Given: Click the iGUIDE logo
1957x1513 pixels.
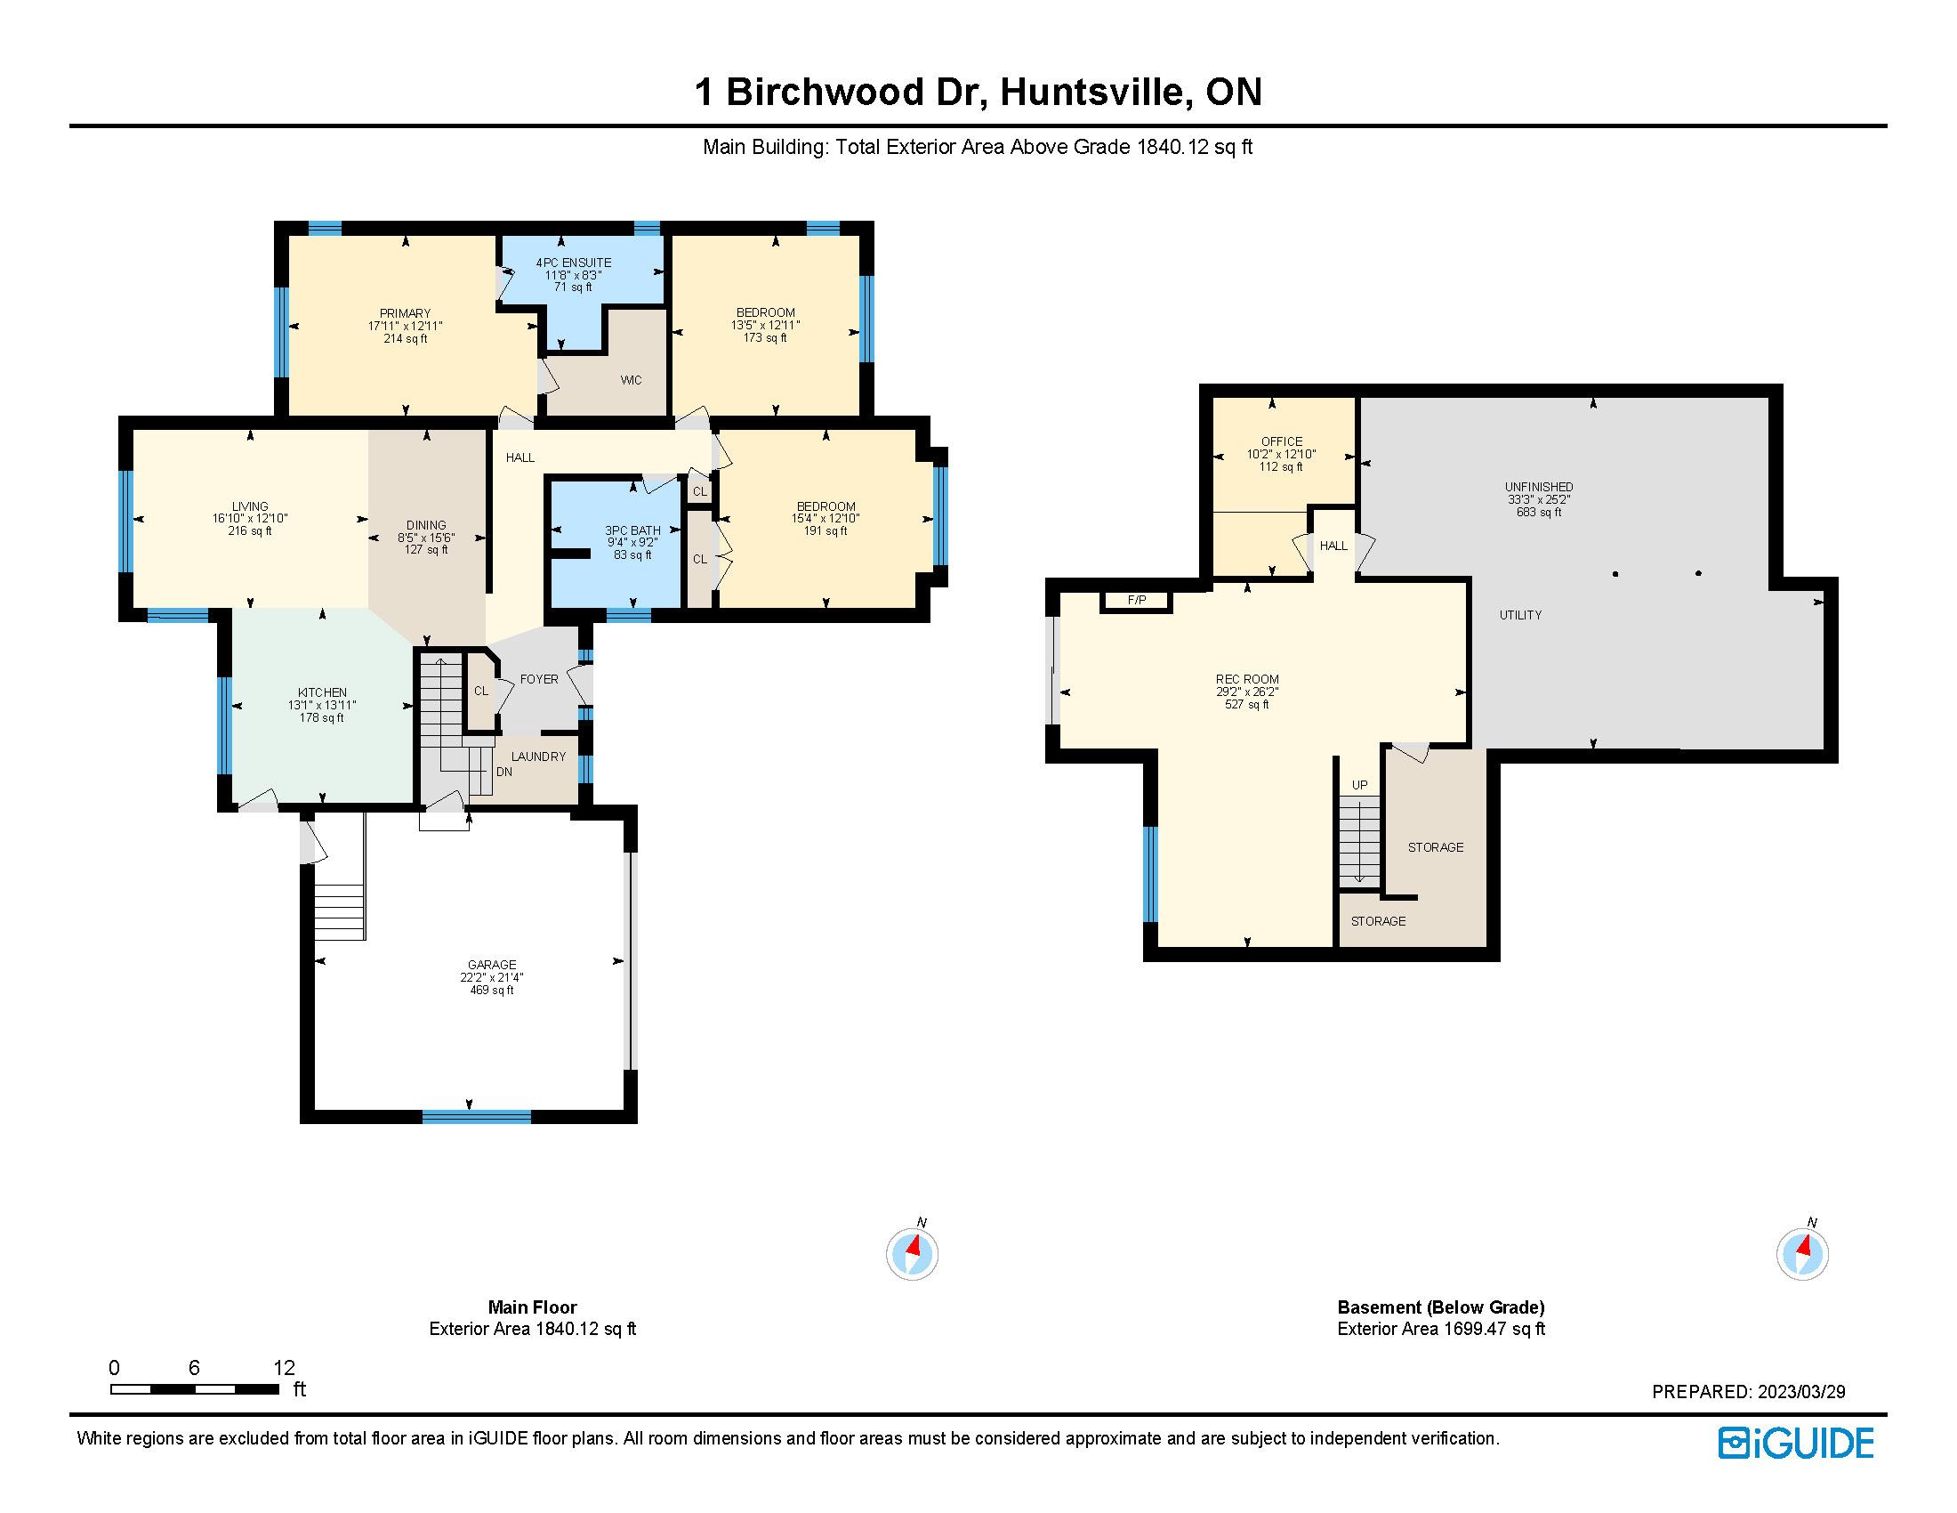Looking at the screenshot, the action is click(1795, 1443).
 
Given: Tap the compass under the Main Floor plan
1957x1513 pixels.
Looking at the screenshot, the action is click(912, 1252).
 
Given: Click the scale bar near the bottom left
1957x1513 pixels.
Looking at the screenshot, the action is click(195, 1389).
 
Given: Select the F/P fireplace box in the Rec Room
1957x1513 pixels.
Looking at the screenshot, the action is click(1136, 601).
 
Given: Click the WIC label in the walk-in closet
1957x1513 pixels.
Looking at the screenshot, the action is click(631, 380).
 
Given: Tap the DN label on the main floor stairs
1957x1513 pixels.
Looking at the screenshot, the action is click(504, 771).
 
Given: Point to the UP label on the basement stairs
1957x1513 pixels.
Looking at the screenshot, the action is click(1359, 785).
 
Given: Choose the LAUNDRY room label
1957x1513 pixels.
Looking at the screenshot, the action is click(538, 756).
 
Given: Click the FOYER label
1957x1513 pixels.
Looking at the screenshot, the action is click(539, 679).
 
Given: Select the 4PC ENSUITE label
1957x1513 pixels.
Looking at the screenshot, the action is click(574, 263).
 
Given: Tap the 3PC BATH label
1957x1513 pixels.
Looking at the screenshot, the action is click(632, 530).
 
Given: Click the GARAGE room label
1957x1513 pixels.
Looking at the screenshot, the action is click(492, 966).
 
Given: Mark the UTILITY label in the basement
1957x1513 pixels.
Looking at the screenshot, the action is click(1520, 615).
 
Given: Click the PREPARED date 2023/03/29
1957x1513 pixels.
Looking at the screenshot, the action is click(1801, 1392).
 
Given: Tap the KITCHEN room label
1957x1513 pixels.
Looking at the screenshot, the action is click(323, 692).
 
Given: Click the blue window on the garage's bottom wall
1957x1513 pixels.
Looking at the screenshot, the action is click(477, 1117).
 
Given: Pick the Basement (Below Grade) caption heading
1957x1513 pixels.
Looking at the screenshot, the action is click(1441, 1307).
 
